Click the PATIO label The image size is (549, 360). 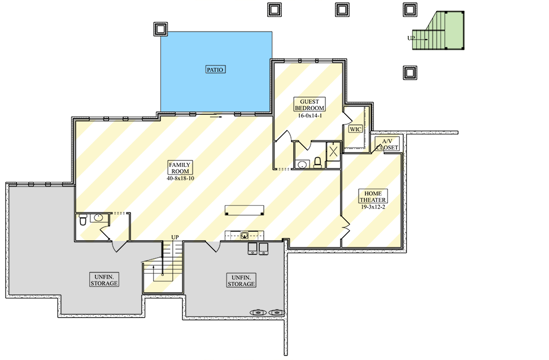pos(215,70)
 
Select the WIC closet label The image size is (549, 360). pos(355,129)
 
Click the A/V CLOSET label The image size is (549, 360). pos(387,144)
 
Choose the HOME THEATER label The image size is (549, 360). pos(373,196)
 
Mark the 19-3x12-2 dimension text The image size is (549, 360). pos(373,207)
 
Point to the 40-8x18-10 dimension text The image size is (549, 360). pos(180,178)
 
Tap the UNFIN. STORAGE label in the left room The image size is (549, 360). pos(104,279)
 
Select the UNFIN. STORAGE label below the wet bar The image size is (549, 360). pos(241,280)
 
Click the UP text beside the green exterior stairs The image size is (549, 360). pos(411,38)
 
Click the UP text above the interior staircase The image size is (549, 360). pos(176,237)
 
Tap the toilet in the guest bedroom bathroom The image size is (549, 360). pos(318,163)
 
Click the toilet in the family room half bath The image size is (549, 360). pos(83,219)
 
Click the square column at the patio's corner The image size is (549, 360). pos(160,28)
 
